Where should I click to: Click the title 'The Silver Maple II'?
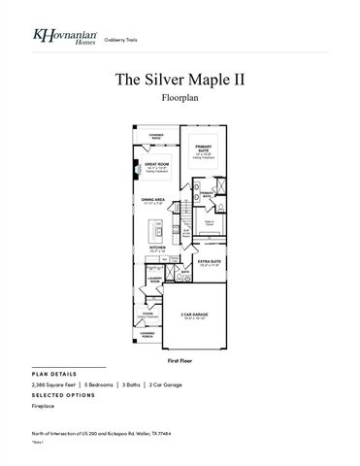(179, 79)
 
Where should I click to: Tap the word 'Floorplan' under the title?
(180, 99)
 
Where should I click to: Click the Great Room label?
(155, 165)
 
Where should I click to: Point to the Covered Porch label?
(147, 335)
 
